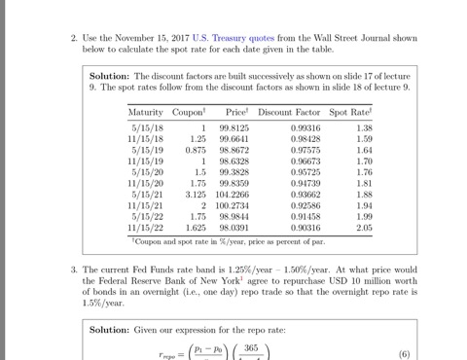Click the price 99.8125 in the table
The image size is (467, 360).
click(x=233, y=128)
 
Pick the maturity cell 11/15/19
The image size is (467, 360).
click(x=146, y=161)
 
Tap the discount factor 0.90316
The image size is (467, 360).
click(x=305, y=228)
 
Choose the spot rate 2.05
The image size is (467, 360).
click(x=364, y=228)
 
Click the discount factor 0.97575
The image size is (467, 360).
click(x=305, y=151)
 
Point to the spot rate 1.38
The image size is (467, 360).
click(x=364, y=128)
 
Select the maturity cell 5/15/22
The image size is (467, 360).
click(x=146, y=216)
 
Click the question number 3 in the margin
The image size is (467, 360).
click(x=74, y=269)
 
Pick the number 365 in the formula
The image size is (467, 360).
click(x=250, y=347)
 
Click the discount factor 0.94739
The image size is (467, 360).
click(x=305, y=183)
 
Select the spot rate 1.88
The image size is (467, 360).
click(x=364, y=195)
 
